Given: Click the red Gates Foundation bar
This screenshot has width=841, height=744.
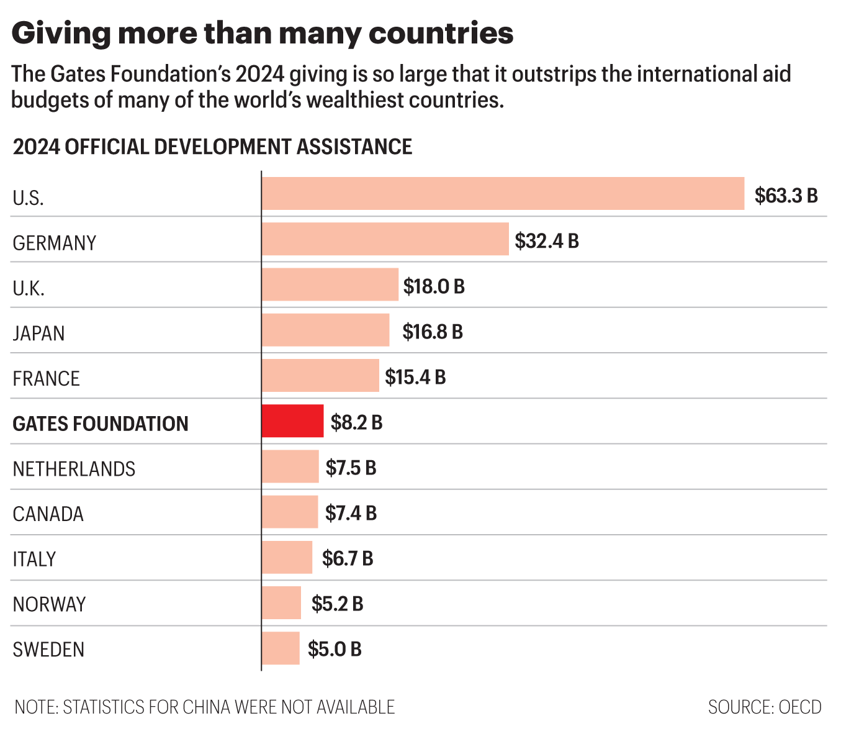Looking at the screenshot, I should click(x=292, y=421).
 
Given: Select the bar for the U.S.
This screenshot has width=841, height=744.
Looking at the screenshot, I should click(x=503, y=194).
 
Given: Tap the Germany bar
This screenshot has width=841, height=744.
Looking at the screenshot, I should click(x=385, y=239).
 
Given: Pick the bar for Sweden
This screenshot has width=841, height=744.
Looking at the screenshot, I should click(x=281, y=648).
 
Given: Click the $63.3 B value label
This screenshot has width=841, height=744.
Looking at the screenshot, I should click(x=786, y=196).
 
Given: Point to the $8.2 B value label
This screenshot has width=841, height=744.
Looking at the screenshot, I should click(x=356, y=423).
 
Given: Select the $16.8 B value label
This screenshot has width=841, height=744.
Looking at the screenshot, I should click(x=432, y=332).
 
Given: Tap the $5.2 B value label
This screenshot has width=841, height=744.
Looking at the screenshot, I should click(x=337, y=604).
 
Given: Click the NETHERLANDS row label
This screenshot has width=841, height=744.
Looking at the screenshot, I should click(x=74, y=469).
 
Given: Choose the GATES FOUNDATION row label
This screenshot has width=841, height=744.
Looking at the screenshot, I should click(x=101, y=424).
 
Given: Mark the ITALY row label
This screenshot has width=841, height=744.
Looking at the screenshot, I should click(x=34, y=559).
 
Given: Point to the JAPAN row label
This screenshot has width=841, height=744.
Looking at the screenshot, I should click(x=38, y=333).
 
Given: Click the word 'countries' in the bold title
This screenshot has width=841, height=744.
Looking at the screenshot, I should click(x=441, y=33).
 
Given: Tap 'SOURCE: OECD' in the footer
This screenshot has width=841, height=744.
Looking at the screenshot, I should click(x=764, y=707).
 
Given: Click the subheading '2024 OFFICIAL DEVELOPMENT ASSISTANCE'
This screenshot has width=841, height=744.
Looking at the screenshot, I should click(x=212, y=147).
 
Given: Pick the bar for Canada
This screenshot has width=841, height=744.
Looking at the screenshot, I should click(x=290, y=512).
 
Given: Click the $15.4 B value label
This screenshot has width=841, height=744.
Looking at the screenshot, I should click(x=415, y=378).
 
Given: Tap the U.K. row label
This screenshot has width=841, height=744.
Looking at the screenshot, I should click(x=29, y=288).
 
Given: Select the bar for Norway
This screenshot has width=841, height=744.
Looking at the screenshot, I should click(x=281, y=602).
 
